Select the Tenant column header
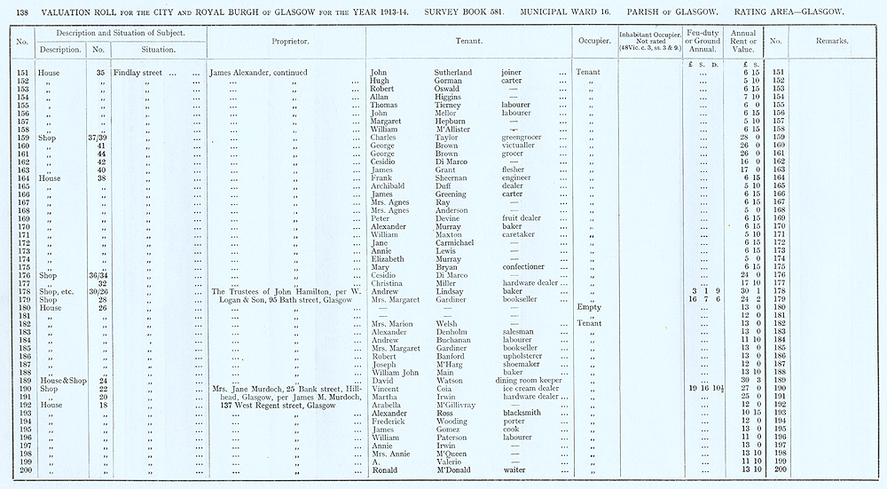click(x=468, y=41)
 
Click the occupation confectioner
click(x=525, y=267)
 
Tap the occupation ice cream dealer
click(x=530, y=389)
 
